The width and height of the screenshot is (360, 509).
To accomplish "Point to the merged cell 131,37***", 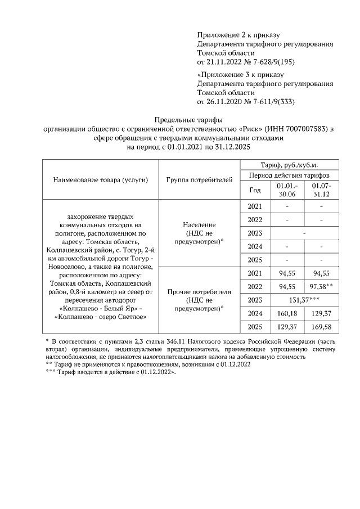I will tap(304, 300).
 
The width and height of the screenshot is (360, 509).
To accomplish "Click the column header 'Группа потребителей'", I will tap(199, 180).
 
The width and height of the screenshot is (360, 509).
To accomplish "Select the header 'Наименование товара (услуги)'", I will tap(101, 180).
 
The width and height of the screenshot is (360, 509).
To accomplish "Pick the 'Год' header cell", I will tap(255, 190).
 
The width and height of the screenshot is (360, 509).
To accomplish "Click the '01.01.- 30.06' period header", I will tap(287, 190).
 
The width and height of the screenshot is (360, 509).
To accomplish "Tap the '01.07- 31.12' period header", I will tap(321, 190).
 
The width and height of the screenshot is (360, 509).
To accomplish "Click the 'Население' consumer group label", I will tap(199, 224).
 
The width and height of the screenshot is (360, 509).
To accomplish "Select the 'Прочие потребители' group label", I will tap(199, 292).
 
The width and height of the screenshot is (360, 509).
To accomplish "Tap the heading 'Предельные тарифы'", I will tap(188, 120).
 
